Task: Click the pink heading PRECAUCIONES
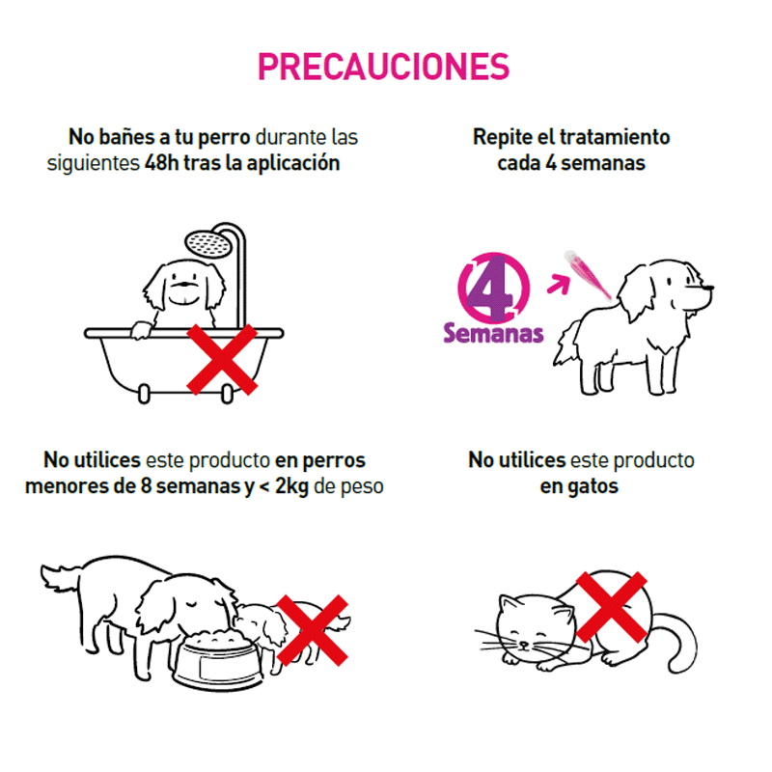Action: pyautogui.click(x=383, y=67)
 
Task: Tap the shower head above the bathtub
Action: pyautogui.click(x=208, y=244)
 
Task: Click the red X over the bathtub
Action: pyautogui.click(x=222, y=359)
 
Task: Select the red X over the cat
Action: pyautogui.click(x=611, y=607)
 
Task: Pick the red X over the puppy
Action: pyautogui.click(x=312, y=630)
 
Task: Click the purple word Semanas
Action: pyautogui.click(x=493, y=333)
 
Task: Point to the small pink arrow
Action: pyautogui.click(x=559, y=284)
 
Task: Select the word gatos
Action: pyautogui.click(x=592, y=486)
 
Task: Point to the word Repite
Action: pyautogui.click(x=502, y=138)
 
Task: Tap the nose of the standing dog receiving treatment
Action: pyautogui.click(x=709, y=288)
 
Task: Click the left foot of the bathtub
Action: pyautogui.click(x=144, y=395)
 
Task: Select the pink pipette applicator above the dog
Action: pyautogui.click(x=589, y=274)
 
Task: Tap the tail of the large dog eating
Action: pyautogui.click(x=60, y=577)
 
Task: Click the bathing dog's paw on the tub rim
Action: pyautogui.click(x=141, y=330)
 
